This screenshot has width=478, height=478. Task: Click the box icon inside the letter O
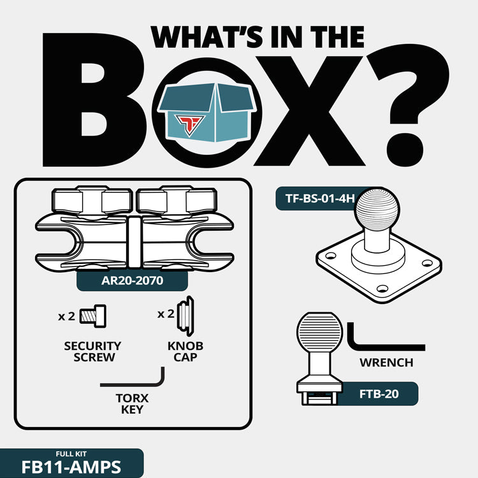click(x=207, y=112)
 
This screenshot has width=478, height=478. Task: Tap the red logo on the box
click(x=189, y=124)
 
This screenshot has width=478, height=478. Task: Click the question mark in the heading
click(x=408, y=109)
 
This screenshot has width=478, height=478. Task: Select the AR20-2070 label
click(x=132, y=280)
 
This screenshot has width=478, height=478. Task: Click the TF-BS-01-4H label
click(x=320, y=198)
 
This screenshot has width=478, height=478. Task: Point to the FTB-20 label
click(x=379, y=394)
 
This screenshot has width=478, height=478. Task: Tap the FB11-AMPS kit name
click(x=71, y=467)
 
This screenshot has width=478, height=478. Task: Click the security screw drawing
click(x=93, y=316)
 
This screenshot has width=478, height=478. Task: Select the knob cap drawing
click(x=185, y=316)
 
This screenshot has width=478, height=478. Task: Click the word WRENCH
click(x=386, y=363)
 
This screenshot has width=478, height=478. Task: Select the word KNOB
click(x=185, y=346)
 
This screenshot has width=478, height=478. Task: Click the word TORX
click(x=132, y=398)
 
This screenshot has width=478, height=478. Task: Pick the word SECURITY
click(x=92, y=346)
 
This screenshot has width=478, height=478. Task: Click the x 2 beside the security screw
click(x=66, y=316)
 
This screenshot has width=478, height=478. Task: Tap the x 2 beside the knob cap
click(x=166, y=314)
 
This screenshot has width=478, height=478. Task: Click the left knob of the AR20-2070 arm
click(x=92, y=201)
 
